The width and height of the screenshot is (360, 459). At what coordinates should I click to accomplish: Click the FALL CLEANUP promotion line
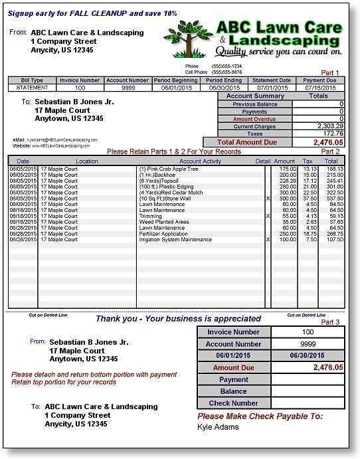click(92, 13)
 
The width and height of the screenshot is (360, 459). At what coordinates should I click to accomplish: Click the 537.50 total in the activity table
click(331, 198)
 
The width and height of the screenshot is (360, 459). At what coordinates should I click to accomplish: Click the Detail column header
click(263, 161)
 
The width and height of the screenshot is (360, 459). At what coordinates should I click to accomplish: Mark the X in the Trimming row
click(268, 216)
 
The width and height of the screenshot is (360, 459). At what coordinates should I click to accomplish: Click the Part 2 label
click(330, 151)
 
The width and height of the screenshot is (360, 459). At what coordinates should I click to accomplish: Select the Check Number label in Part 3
click(234, 403)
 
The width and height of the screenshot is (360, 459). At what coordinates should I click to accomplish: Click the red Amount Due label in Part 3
click(234, 367)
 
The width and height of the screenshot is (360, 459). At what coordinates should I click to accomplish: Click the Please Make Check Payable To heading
click(260, 416)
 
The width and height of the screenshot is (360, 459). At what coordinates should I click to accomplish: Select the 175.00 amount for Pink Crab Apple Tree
click(286, 169)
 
